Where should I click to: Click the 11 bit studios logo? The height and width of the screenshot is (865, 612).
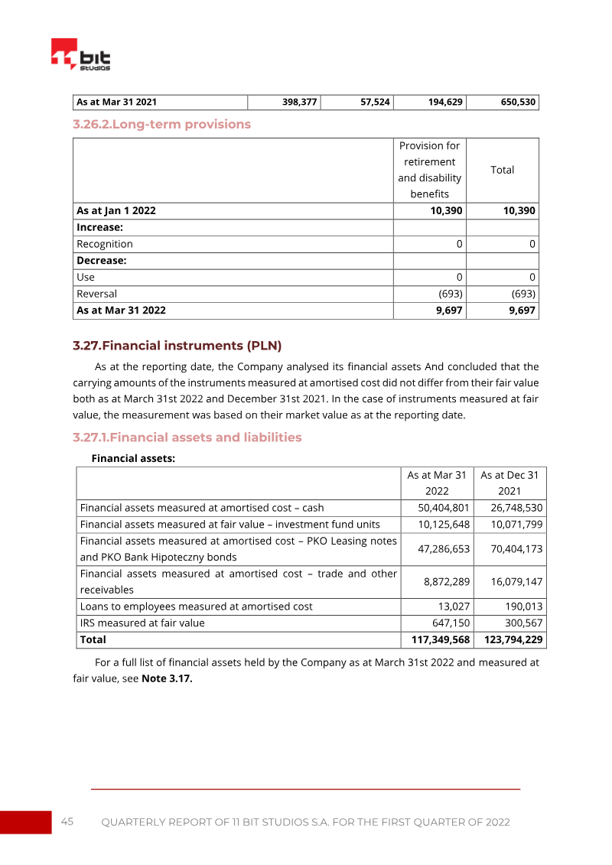tap(80, 55)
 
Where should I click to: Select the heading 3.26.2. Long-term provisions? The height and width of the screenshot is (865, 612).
tap(161, 124)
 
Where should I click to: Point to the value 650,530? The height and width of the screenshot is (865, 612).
tap(518, 102)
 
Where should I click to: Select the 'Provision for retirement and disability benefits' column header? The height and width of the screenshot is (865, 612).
tap(429, 170)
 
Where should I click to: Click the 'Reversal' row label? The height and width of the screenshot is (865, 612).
tap(96, 294)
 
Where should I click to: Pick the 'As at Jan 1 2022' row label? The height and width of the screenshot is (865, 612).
tap(116, 210)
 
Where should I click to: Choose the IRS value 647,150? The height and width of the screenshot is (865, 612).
tap(451, 623)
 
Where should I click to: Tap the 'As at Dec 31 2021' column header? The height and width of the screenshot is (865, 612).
tap(509, 483)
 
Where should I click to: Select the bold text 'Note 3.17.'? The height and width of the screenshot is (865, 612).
tap(167, 678)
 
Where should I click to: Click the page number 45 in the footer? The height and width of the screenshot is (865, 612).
tap(67, 821)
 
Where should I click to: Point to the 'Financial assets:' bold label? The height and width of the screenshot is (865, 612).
tap(133, 458)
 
